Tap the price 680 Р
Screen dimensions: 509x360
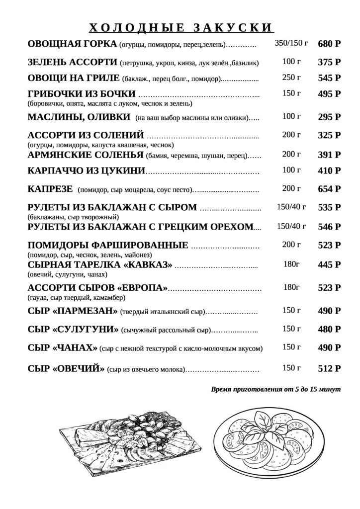coord(329,44)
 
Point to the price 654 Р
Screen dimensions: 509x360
coord(329,189)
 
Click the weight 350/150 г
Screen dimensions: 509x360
coord(291,44)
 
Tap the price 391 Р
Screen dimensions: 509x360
coord(329,155)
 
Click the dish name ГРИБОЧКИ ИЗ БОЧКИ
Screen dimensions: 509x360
coord(82,94)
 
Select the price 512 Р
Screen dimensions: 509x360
coord(329,368)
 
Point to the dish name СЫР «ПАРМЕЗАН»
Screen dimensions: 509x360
coord(73,311)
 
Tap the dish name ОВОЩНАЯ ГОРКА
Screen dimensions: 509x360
coord(73,44)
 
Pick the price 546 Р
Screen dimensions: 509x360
coord(329,227)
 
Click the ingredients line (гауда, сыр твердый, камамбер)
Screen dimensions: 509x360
coord(76,298)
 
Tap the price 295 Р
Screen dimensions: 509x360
coord(329,117)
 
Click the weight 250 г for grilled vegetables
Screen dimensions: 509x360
coord(291,77)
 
